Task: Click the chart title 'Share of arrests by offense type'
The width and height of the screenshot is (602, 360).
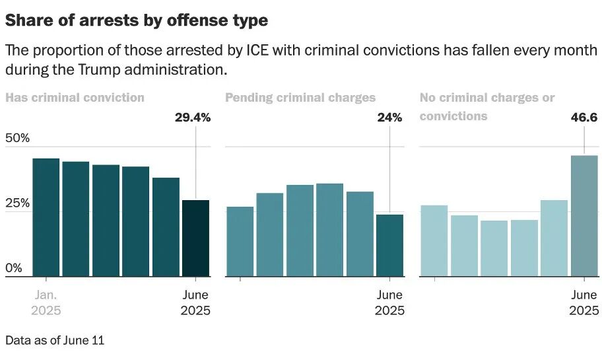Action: [x=137, y=20]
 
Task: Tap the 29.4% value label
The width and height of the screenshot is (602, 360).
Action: [x=192, y=118]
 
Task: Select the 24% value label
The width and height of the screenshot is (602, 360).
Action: [x=389, y=118]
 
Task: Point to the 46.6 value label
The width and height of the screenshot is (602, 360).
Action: [x=584, y=118]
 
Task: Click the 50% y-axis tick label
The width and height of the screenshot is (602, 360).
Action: [x=18, y=139]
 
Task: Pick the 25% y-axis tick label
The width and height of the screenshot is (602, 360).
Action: [x=18, y=203]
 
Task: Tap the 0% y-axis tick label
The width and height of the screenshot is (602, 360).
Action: [x=14, y=268]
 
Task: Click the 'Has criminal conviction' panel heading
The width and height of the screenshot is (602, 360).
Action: [x=75, y=98]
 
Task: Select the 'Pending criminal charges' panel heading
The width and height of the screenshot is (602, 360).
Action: [x=300, y=98]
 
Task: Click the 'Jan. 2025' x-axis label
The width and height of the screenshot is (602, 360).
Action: [x=46, y=303]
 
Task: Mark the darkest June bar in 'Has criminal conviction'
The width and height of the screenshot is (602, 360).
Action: [x=195, y=238]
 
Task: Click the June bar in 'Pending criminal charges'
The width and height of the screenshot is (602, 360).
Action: [x=389, y=245]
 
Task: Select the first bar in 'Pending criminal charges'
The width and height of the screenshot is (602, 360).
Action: [x=240, y=241]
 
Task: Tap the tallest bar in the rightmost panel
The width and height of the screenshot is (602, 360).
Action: [x=584, y=215]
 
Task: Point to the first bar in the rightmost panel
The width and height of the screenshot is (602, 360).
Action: [x=434, y=240]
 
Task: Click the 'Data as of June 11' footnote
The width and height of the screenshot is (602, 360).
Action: [x=55, y=340]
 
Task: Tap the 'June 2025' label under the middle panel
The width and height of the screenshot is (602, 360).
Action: [x=389, y=303]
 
